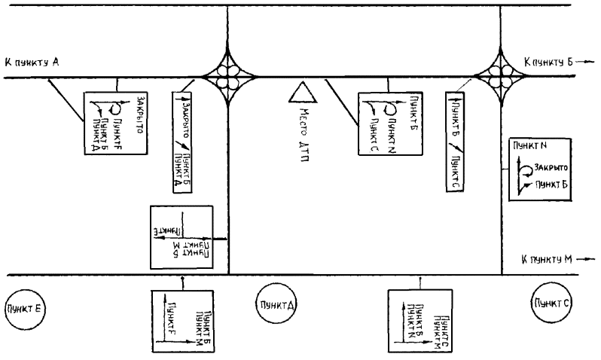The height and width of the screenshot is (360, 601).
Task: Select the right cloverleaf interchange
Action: click(502, 75)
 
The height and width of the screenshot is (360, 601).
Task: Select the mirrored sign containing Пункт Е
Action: click(188, 236)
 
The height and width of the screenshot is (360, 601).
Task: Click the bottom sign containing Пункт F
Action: click(182, 321)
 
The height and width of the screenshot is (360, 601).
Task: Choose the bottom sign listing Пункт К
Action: click(419, 321)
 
